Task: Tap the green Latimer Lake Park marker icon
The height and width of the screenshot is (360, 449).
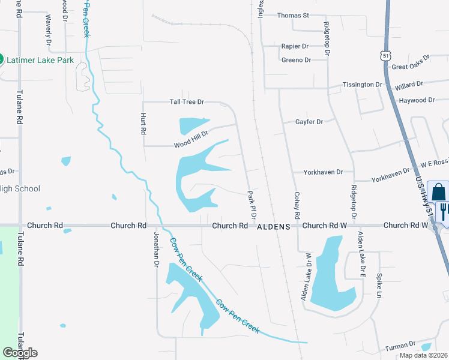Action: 1,60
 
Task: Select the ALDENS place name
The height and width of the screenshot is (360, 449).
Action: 274,226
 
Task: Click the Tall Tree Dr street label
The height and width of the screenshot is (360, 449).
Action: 187,102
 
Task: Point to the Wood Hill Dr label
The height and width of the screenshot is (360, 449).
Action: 191,142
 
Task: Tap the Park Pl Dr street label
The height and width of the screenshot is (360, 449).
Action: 252,205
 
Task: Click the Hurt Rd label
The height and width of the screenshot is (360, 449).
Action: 143,123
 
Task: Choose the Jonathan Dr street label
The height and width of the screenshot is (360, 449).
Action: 155,249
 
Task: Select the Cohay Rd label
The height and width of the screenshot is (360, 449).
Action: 297,205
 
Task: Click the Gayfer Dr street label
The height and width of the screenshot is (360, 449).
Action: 309,122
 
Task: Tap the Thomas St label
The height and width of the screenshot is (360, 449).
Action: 292,15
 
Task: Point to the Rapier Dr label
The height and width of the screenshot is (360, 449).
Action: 294,46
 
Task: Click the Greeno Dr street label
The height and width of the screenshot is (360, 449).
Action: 296,60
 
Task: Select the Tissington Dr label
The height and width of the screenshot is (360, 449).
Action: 362,85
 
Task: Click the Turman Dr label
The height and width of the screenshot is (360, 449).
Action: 400,345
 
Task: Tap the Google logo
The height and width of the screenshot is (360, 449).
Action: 20,353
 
